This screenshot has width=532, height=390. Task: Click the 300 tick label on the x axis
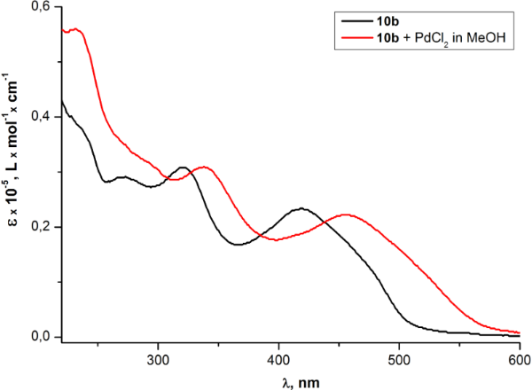point(158,360)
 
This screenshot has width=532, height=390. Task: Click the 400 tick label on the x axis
point(278,360)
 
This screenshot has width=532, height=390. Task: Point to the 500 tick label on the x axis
point(399,360)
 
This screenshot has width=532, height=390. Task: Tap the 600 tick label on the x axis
point(518,360)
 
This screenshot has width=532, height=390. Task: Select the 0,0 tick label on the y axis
point(43,337)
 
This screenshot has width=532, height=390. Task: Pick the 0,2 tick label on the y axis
point(43,227)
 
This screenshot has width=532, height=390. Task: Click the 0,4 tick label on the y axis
point(43,117)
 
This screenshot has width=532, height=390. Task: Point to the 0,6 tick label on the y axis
point(43,7)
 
